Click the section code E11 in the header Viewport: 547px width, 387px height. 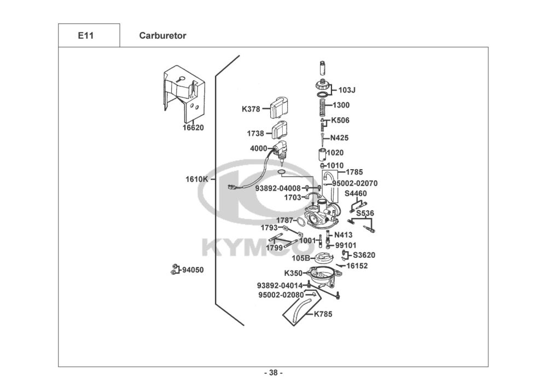(86, 35)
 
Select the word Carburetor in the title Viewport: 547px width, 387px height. (162, 36)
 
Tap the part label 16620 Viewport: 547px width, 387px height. (193, 128)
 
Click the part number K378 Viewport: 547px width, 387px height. (251, 109)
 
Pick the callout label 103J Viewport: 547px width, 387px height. (347, 90)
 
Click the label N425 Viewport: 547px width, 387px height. (339, 138)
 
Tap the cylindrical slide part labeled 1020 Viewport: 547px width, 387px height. (321, 154)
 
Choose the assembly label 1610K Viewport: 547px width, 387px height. (196, 180)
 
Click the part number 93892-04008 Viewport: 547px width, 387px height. (278, 188)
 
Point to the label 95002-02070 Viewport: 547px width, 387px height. (354, 183)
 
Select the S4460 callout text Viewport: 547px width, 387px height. (356, 194)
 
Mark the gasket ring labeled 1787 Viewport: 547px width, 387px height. (301, 222)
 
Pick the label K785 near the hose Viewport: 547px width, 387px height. (323, 314)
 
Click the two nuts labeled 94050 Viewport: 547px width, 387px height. (174, 269)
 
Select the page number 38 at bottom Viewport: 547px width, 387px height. (273, 373)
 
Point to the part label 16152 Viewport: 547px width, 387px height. (357, 266)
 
